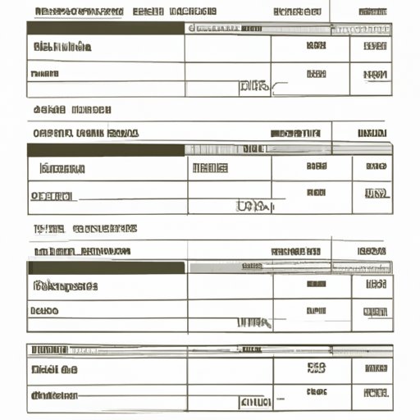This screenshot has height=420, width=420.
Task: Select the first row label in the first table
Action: [x=62, y=47]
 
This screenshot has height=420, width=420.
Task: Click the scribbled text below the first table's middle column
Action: [x=253, y=85]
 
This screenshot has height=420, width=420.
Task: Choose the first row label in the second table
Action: [x=62, y=169]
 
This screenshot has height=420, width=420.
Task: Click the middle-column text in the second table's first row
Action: [x=209, y=169]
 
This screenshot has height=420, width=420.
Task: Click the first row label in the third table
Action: [x=66, y=286]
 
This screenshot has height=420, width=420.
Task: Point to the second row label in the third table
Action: [x=45, y=312]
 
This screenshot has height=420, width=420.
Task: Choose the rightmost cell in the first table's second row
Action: [x=374, y=74]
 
